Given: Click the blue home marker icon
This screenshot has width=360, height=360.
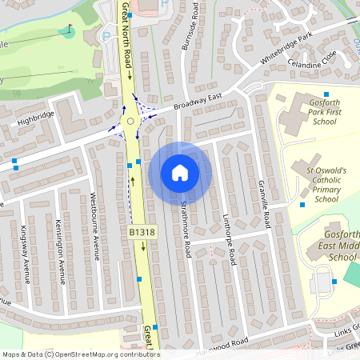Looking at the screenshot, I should [x=180, y=173].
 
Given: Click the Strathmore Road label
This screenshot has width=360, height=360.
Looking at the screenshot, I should [x=185, y=226].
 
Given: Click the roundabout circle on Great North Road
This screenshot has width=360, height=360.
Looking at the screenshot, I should [x=130, y=122].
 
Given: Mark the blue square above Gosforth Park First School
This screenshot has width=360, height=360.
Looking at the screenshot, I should [x=326, y=95].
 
